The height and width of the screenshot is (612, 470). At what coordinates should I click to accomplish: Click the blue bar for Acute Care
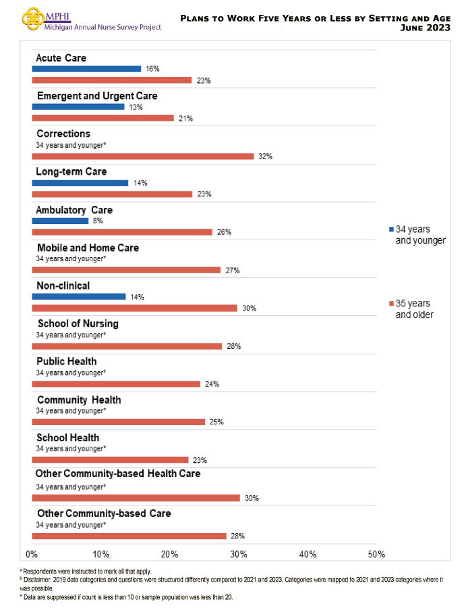coord(86,69)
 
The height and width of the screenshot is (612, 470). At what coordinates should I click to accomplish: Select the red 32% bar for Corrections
coord(143,156)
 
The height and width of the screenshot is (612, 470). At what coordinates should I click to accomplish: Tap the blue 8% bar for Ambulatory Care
coord(60,221)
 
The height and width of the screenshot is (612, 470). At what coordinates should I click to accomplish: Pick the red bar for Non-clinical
coord(135,308)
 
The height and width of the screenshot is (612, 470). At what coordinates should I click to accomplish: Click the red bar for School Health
coord(111,460)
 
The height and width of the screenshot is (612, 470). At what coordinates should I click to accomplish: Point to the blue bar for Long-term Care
coord(80,183)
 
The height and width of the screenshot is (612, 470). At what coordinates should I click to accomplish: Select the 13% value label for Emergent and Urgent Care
coord(136,107)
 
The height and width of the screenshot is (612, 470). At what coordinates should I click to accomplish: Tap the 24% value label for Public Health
coord(212,384)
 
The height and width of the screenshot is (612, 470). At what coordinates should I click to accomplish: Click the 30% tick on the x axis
coord(239,554)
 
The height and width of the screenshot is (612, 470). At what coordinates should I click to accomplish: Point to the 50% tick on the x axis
coord(376,554)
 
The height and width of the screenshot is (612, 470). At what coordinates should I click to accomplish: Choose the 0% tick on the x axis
coord(32,554)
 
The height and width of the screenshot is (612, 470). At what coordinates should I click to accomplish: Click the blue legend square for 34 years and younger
coord(391,229)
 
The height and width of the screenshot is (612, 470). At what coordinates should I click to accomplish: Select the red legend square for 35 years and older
coord(391,304)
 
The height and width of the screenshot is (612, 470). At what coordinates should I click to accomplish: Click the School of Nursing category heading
coord(78,324)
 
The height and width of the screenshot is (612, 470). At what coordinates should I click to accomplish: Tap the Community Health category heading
coord(79,400)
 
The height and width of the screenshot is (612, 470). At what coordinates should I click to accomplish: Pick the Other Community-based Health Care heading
coord(118,474)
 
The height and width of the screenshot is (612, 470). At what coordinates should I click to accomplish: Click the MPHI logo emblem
coord(31,18)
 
